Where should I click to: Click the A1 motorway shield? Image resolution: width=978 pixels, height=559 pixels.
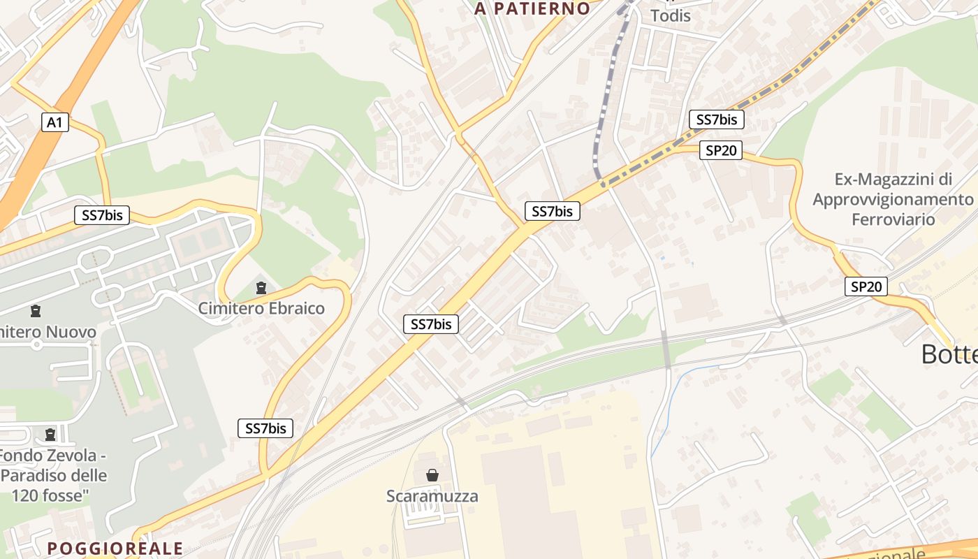[54, 122]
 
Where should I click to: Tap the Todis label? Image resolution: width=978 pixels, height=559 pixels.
[670, 15]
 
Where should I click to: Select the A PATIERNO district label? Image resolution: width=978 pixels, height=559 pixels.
[532, 8]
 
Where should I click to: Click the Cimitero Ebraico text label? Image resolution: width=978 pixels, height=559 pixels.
[261, 308]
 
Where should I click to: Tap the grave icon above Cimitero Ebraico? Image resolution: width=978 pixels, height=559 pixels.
[261, 287]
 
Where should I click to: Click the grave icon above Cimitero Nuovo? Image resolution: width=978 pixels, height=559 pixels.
[36, 311]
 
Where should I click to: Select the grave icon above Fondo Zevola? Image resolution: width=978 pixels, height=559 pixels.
[50, 435]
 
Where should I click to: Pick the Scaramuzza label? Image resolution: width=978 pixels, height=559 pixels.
[432, 496]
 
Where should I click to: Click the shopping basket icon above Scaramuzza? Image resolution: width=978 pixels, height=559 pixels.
[432, 475]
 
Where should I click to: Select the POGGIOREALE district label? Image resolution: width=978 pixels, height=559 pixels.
[115, 548]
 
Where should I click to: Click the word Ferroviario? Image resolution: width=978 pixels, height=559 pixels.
[893, 219]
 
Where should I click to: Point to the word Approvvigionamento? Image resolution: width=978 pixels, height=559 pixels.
[893, 199]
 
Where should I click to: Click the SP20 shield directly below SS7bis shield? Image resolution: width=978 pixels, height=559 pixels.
[720, 150]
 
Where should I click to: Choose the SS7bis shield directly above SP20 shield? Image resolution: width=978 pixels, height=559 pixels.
[716, 119]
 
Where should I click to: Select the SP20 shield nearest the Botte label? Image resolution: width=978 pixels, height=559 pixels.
[866, 286]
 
